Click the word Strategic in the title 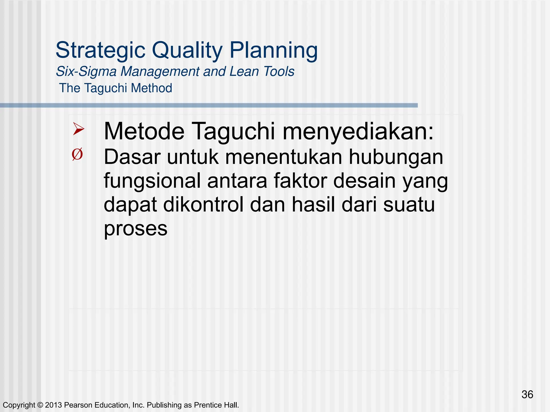pos(100,50)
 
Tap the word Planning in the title pos(274,50)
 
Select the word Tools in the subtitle pos(279,72)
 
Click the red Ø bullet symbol pos(77,154)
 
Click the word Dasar pos(132,157)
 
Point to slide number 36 pos(527,395)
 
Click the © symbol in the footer pos(40,405)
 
